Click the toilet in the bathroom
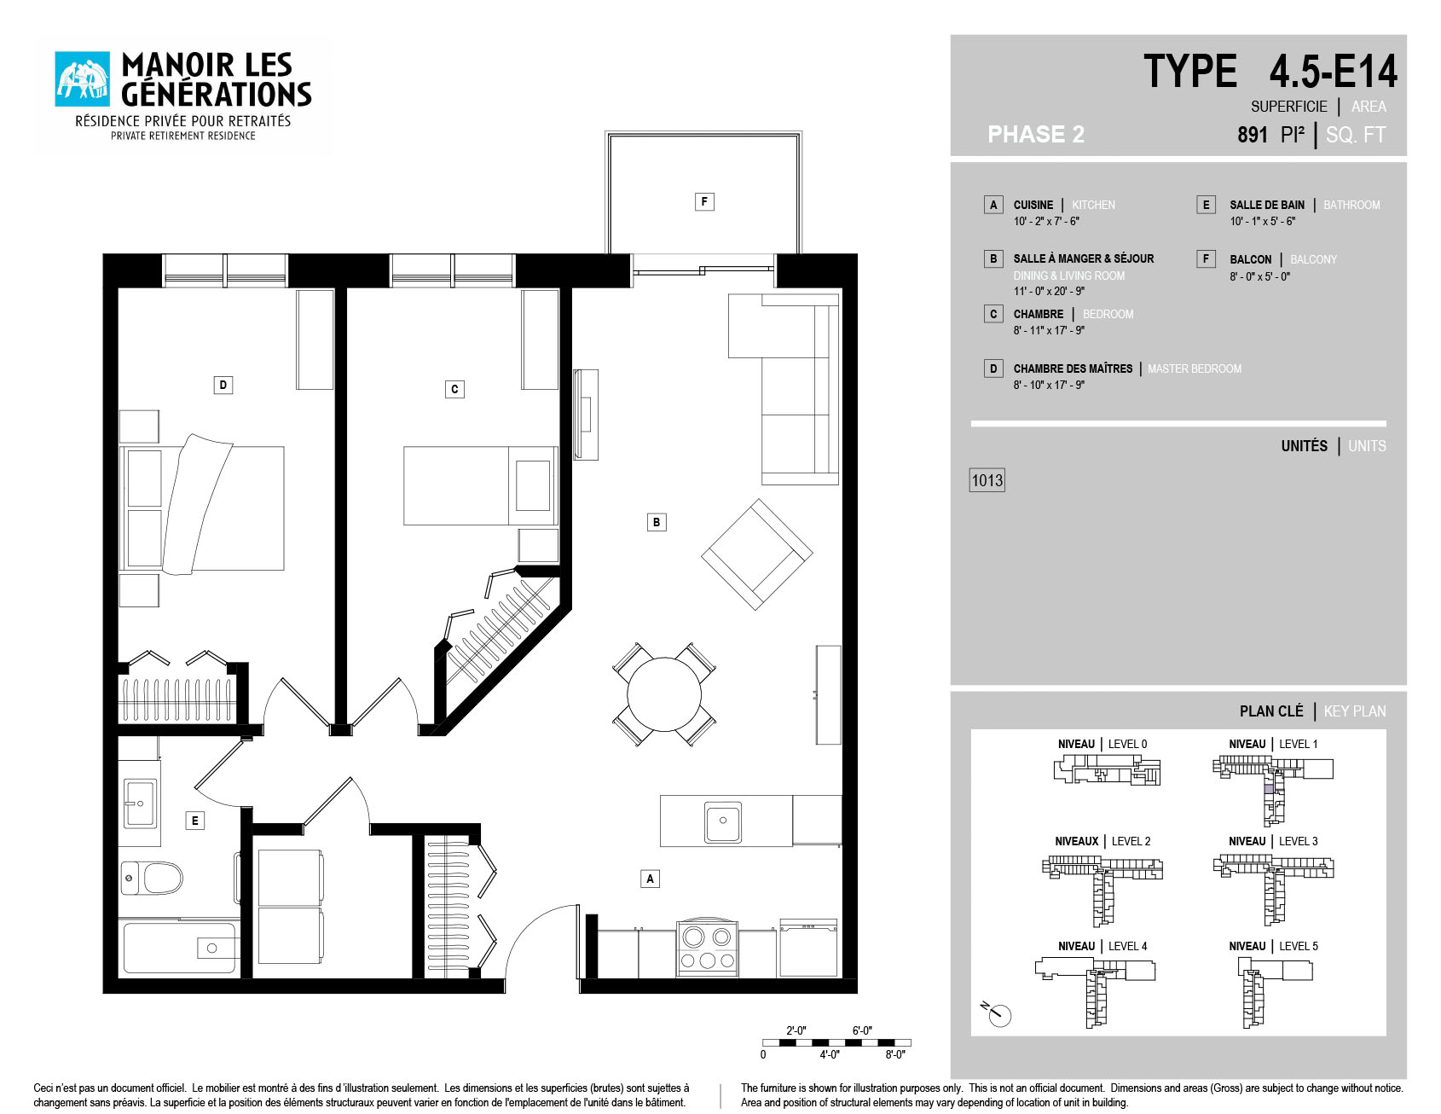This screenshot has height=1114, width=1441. point(152,877)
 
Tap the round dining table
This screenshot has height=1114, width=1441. point(664,694)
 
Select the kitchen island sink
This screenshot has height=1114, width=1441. point(723,821)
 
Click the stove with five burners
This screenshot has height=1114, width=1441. point(707,948)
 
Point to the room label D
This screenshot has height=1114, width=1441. point(223,385)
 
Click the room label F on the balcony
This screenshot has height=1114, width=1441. point(704,201)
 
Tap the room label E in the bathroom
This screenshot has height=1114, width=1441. point(195,821)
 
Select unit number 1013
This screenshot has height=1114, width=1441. point(987,480)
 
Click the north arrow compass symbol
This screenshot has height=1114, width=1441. point(997,1013)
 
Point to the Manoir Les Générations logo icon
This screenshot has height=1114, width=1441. point(83,79)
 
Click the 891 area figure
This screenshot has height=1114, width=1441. point(1253,135)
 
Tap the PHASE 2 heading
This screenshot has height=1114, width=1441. point(1036,134)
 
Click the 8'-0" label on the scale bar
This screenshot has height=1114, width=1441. point(895,1054)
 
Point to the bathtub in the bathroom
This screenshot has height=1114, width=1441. point(180,948)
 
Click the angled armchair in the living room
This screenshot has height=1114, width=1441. point(757,554)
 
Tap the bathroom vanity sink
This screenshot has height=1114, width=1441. point(140,803)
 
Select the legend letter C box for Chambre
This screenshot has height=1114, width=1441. point(993,314)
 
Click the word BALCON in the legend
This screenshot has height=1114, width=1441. point(1250,259)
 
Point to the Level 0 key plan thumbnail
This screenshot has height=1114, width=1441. point(1107,769)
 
